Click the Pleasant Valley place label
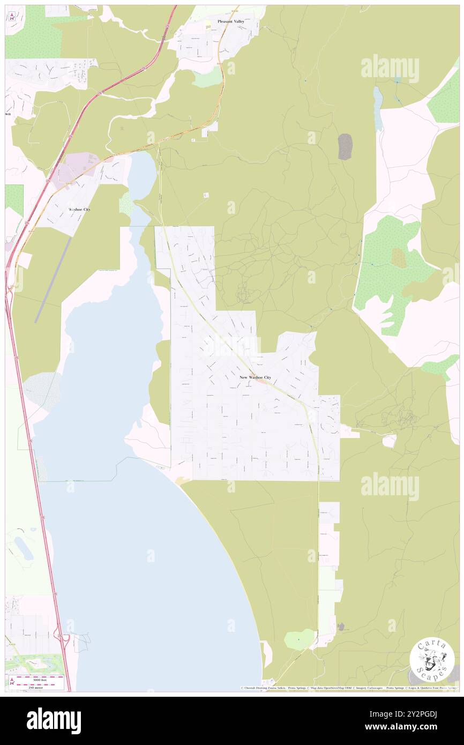230,21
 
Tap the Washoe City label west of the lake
79,209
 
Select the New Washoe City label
255,377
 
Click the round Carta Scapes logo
432,660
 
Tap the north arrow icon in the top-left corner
13,16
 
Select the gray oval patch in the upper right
345,146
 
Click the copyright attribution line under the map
348,688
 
